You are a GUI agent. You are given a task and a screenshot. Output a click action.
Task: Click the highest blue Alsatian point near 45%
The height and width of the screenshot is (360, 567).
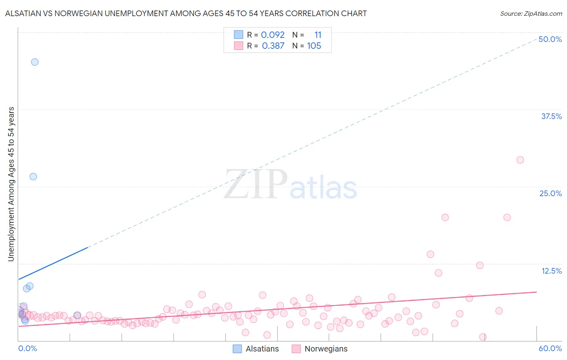35,62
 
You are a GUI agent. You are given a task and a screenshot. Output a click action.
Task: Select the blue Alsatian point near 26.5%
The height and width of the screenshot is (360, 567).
33,177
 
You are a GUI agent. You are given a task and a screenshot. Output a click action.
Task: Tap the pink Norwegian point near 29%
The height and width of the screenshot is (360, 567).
520,160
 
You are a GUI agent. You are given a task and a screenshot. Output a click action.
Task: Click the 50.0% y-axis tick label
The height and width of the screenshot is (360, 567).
550,39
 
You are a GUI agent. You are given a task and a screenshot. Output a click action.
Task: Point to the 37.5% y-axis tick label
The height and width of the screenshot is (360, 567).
551,116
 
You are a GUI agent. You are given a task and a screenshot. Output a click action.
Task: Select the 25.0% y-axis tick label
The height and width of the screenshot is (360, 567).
550,193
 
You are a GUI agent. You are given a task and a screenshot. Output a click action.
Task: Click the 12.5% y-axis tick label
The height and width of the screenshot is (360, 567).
551,271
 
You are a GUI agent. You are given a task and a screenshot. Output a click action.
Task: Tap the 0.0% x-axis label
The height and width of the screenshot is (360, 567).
27,348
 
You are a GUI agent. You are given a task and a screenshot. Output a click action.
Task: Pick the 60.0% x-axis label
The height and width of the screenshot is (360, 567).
550,348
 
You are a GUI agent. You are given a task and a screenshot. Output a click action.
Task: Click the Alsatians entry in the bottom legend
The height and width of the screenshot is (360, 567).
262,349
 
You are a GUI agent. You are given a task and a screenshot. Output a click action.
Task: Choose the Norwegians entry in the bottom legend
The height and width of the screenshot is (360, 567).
326,349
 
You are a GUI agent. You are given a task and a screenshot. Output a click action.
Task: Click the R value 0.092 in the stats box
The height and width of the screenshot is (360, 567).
273,35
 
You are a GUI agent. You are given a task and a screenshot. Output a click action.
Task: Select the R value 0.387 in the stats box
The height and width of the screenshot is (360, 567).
273,46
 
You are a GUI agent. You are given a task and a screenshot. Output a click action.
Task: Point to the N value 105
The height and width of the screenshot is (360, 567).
314,46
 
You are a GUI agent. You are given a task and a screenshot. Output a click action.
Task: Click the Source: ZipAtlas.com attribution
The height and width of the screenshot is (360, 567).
531,14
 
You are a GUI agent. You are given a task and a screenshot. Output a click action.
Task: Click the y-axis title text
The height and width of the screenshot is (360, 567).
11,184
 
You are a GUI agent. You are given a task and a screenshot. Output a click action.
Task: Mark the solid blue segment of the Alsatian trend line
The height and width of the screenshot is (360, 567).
52,263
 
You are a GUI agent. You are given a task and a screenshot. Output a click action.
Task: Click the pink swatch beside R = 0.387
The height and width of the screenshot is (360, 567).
238,46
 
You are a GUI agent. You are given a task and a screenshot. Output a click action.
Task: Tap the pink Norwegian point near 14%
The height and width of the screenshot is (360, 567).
430,254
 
